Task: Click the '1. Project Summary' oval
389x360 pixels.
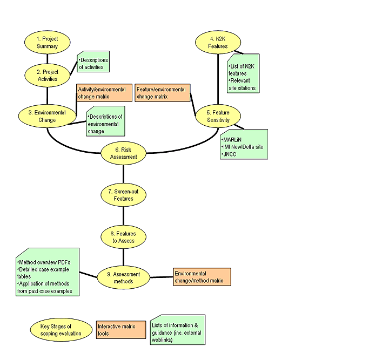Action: [47, 43]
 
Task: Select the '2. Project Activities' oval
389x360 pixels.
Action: [47, 75]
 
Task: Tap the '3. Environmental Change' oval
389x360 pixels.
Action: [47, 116]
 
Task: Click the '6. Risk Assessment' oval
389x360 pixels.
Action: [124, 153]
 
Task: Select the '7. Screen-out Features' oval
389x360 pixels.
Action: [124, 195]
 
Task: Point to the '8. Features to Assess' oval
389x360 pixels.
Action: [124, 237]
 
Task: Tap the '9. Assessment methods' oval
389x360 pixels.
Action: [124, 277]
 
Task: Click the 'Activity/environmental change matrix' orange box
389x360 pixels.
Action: [102, 92]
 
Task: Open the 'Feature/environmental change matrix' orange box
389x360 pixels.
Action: [163, 93]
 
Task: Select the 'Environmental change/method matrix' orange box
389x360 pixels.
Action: [202, 277]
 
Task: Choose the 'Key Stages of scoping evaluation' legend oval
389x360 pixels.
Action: [59, 329]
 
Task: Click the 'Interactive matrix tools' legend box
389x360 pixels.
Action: [121, 330]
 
